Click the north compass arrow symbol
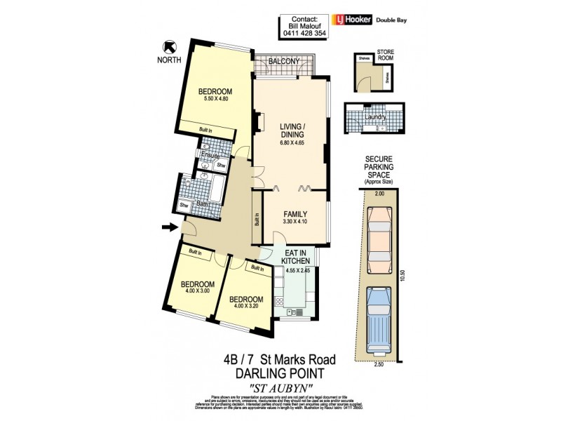[x=168, y=47]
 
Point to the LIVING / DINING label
[x=291, y=130]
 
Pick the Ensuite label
[x=210, y=155]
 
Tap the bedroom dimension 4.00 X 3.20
[x=246, y=304]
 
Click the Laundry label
[x=375, y=116]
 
